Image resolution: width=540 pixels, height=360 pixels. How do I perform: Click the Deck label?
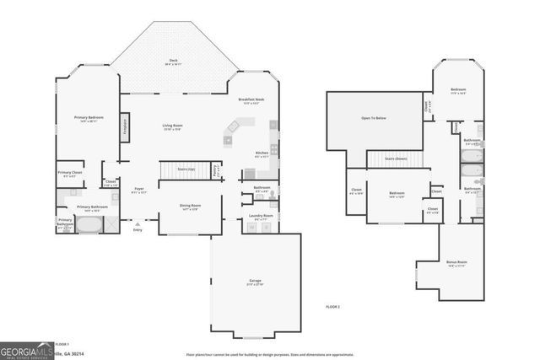(173, 61)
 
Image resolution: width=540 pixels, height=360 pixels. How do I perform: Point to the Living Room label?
(172, 126)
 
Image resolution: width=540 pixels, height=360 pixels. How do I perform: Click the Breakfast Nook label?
(251, 100)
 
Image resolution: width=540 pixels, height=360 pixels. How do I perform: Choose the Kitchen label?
(262, 153)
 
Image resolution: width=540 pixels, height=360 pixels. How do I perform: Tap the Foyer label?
(139, 190)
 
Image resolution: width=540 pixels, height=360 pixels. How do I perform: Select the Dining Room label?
(190, 206)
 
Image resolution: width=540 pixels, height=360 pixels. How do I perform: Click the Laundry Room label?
(261, 217)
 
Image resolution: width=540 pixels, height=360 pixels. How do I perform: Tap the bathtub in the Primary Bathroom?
(89, 225)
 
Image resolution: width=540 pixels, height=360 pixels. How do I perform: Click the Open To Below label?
(373, 118)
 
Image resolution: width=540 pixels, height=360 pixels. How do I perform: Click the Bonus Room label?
(456, 263)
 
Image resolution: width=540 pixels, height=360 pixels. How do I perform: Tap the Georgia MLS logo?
(24, 351)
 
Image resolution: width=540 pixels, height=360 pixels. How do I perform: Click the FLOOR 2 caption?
(333, 306)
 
